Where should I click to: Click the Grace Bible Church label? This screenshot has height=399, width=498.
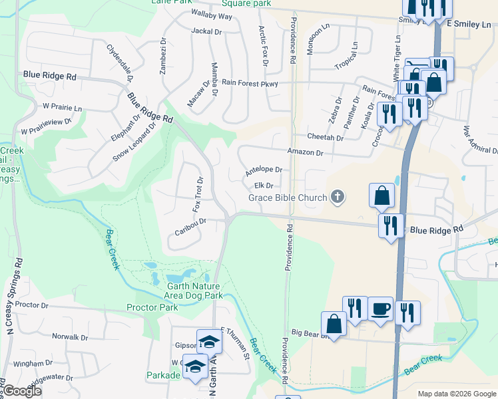point(288,198)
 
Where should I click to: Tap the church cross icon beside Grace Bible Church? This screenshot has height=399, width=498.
point(338,197)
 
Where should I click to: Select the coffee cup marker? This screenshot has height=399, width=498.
point(380,309)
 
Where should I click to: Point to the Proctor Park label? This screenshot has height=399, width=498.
point(152,307)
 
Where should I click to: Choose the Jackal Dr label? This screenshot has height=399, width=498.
point(206,31)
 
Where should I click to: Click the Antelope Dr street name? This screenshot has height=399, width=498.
point(264,171)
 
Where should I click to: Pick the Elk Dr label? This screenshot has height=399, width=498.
point(264,186)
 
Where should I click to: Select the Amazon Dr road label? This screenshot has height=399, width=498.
point(306,153)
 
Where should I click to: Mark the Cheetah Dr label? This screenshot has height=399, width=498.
point(325,138)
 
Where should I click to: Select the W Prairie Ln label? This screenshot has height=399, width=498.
point(62,106)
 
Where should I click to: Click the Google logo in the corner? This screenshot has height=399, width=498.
point(22,391)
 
